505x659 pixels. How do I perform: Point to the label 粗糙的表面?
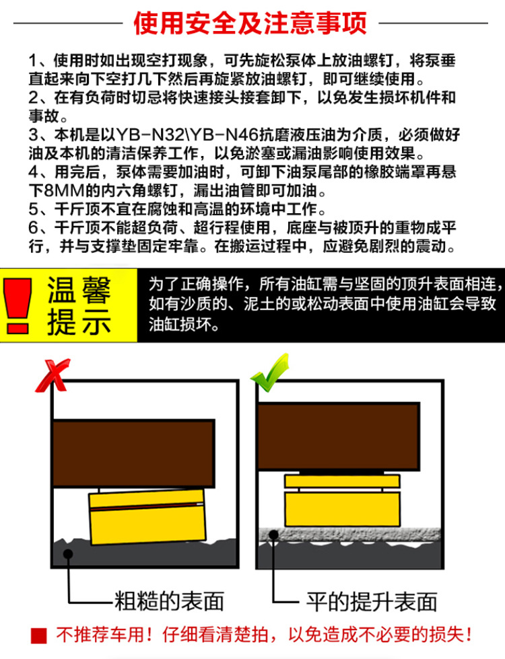coord(170,600)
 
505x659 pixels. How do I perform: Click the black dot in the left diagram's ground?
coord(68,554)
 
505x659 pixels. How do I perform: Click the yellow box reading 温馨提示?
coord(78,305)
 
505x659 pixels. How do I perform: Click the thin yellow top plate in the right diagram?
coord(342,481)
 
